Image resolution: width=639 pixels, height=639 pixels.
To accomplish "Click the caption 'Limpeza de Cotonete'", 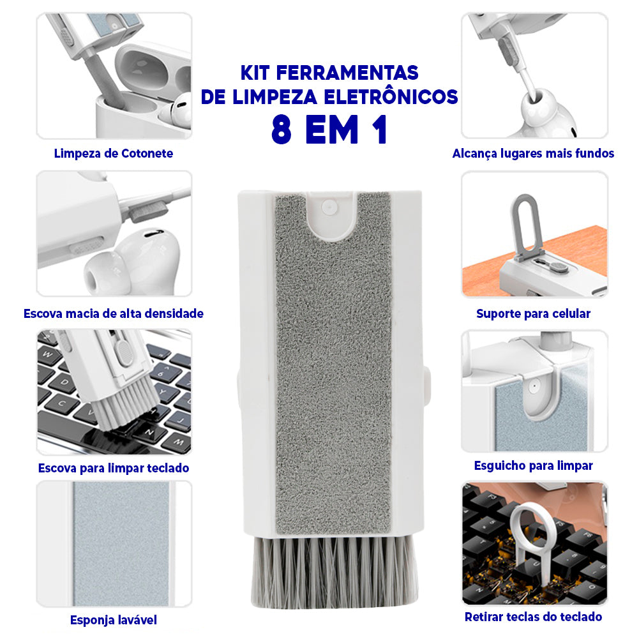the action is point(113,153).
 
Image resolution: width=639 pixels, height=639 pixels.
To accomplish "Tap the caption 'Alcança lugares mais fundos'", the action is point(533,153).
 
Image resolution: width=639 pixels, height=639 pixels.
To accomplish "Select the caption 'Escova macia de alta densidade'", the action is point(113,313).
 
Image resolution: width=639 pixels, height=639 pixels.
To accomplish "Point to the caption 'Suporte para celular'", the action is point(533,313).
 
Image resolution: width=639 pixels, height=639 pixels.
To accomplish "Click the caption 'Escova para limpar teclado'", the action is point(113,468).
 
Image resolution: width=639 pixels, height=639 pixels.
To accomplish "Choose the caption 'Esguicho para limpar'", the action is point(533,465).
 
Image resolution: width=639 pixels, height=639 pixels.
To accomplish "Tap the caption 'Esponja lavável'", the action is point(113,620).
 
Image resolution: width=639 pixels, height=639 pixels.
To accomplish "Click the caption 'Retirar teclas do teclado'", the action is point(533,617).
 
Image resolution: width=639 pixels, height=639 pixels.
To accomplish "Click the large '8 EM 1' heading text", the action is point(329,130).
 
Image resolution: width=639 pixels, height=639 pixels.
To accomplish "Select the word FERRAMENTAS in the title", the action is point(347,73).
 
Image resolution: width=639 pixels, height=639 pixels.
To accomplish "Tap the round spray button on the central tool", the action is point(329,207).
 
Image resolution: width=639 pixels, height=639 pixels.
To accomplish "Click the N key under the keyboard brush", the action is point(149,432).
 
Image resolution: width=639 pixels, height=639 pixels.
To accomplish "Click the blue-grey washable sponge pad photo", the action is point(121,544).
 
